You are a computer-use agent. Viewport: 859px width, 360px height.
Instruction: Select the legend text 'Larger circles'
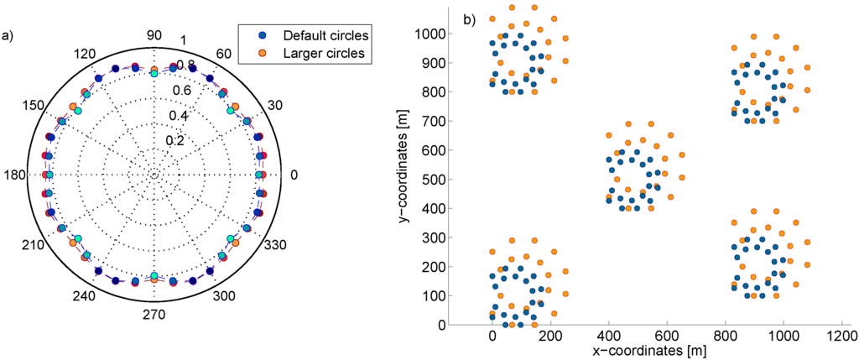coord(324,54)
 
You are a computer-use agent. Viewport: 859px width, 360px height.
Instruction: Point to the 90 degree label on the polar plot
coord(154,34)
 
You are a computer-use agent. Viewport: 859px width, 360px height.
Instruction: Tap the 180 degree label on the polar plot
coord(16,175)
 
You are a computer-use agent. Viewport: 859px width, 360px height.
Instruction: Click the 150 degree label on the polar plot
coord(32,104)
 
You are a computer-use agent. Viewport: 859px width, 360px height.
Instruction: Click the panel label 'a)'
coord(8,35)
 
